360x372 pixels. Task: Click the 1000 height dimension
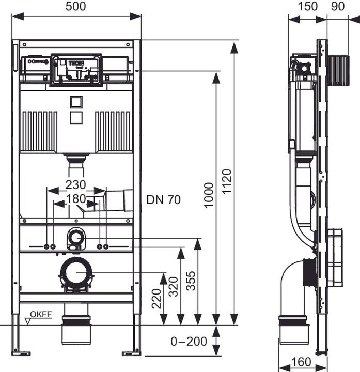point(209,195)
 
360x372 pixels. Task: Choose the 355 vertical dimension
point(191,281)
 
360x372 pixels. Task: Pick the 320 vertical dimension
point(174,288)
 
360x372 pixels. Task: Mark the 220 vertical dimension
point(157,298)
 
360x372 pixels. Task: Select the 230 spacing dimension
point(75,185)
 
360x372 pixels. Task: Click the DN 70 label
point(164,200)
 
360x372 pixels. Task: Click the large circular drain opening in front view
point(76,272)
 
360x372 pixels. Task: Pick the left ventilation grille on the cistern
point(40,131)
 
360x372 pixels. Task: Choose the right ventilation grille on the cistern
point(113,131)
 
